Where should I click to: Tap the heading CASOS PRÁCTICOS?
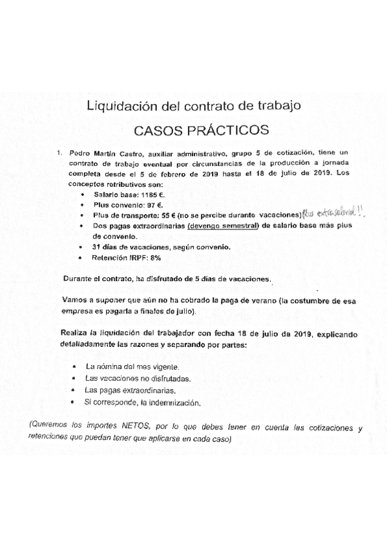(200, 129)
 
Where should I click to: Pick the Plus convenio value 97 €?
(149, 204)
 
